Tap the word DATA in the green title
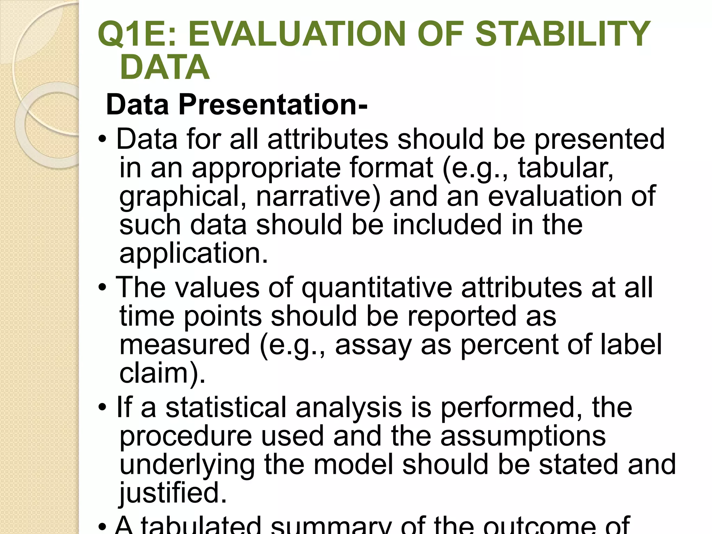point(164,67)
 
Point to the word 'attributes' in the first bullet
point(327,139)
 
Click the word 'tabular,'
point(566,168)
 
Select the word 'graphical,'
point(183,197)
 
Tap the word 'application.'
point(194,253)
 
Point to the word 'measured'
point(185,345)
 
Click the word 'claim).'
point(162,373)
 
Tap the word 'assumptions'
point(523,436)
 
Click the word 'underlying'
point(187,465)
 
